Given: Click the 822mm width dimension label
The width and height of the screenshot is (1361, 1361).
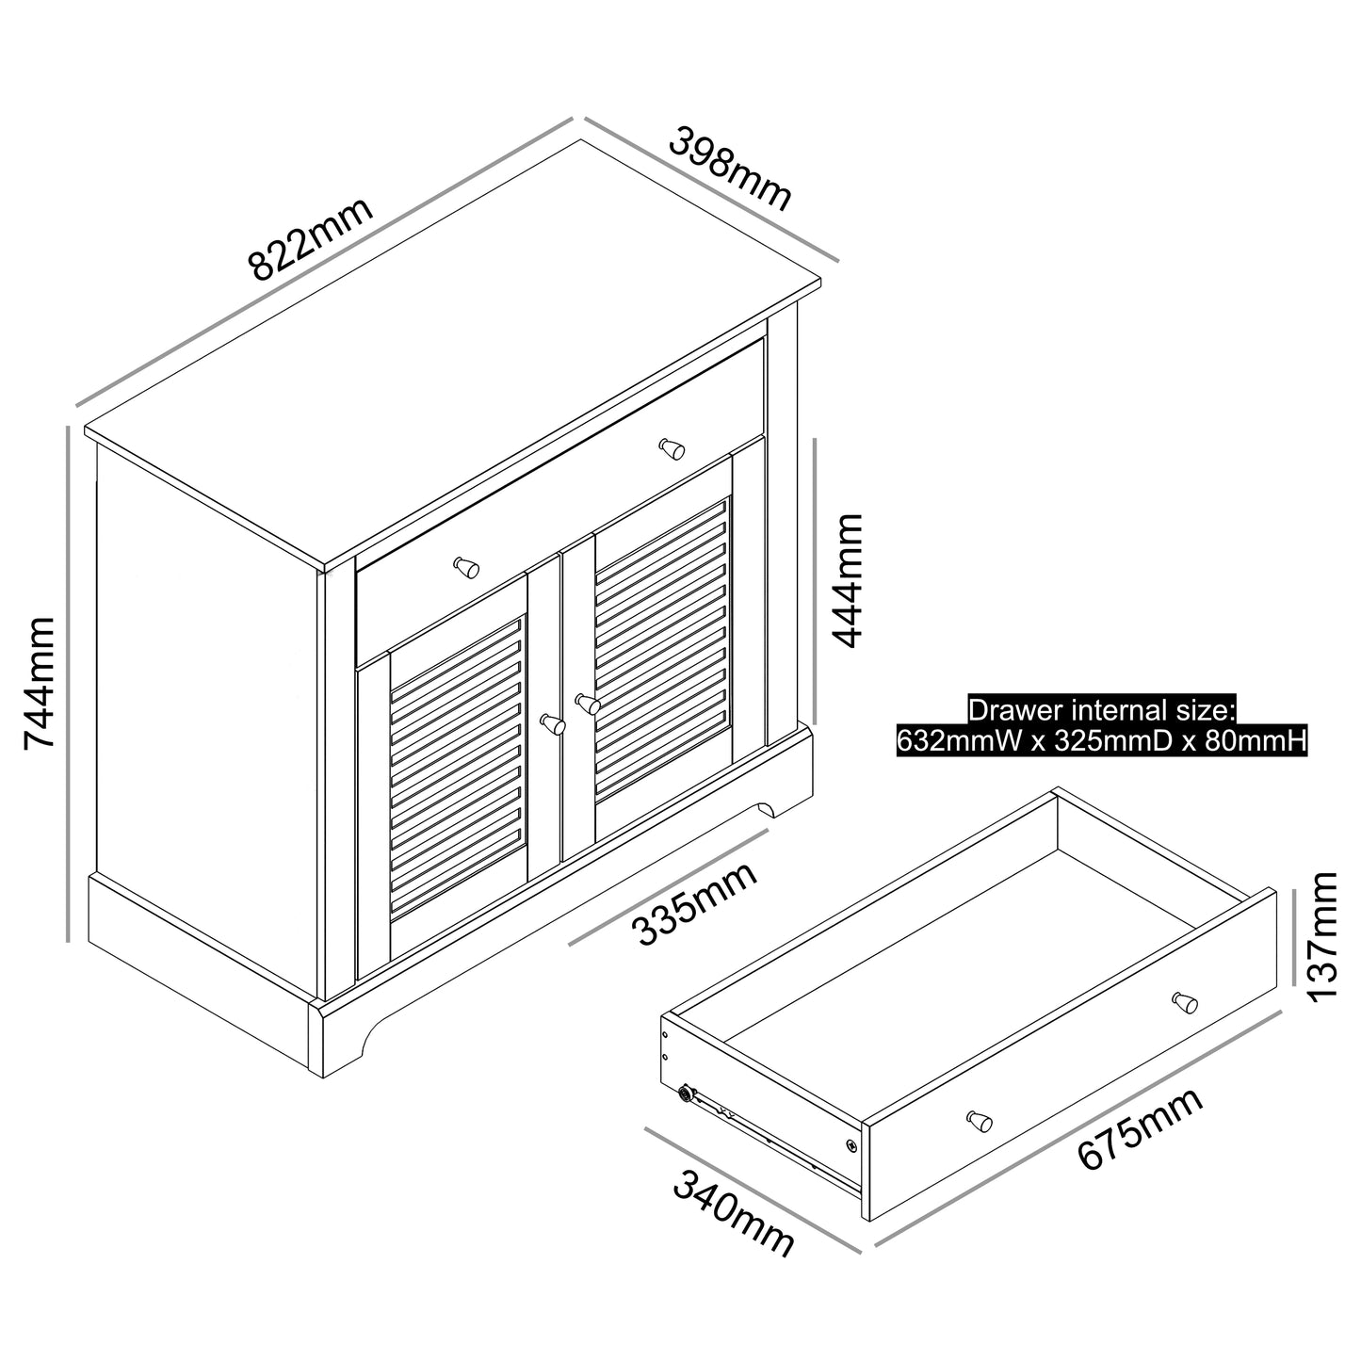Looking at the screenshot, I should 312,240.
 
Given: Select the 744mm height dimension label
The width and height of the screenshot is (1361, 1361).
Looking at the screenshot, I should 40,683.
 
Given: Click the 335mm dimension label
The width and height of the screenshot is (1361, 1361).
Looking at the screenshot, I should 696,903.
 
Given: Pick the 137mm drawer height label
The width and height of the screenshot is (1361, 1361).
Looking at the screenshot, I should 1323,936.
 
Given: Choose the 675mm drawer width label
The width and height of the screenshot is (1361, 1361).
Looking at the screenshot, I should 1141,1127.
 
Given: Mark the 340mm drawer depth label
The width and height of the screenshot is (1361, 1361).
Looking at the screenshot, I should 734,1214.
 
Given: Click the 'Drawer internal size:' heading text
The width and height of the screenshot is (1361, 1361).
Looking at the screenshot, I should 1101,710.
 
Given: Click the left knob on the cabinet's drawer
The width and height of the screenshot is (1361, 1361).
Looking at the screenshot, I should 466,567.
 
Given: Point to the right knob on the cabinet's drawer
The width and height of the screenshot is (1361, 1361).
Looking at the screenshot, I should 672,448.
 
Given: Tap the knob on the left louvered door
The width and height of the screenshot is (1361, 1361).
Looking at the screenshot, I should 553,724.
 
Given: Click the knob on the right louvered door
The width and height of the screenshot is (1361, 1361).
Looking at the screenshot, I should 588,704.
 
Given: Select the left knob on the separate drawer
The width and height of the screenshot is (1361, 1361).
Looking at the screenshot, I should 980,1121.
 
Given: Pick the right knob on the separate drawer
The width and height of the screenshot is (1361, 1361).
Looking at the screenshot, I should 1184,1002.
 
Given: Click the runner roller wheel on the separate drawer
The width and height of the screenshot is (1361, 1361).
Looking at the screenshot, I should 686,1094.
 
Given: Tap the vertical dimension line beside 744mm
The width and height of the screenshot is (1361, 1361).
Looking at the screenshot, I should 69,683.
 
